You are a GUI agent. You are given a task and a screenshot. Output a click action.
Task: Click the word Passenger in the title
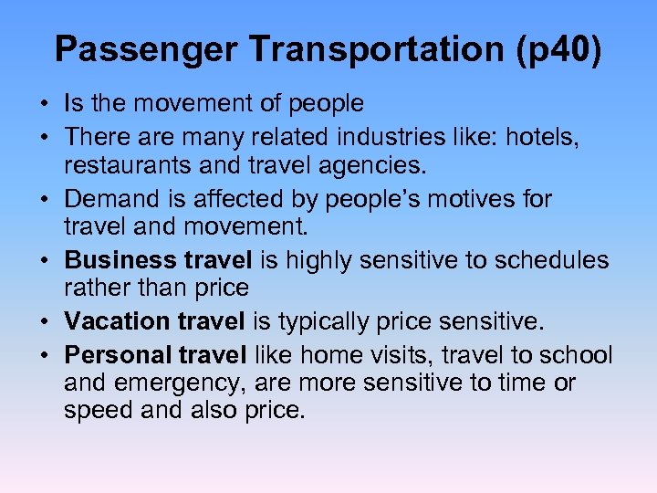coord(130,49)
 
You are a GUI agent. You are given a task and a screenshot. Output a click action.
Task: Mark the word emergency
coord(180,383)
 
